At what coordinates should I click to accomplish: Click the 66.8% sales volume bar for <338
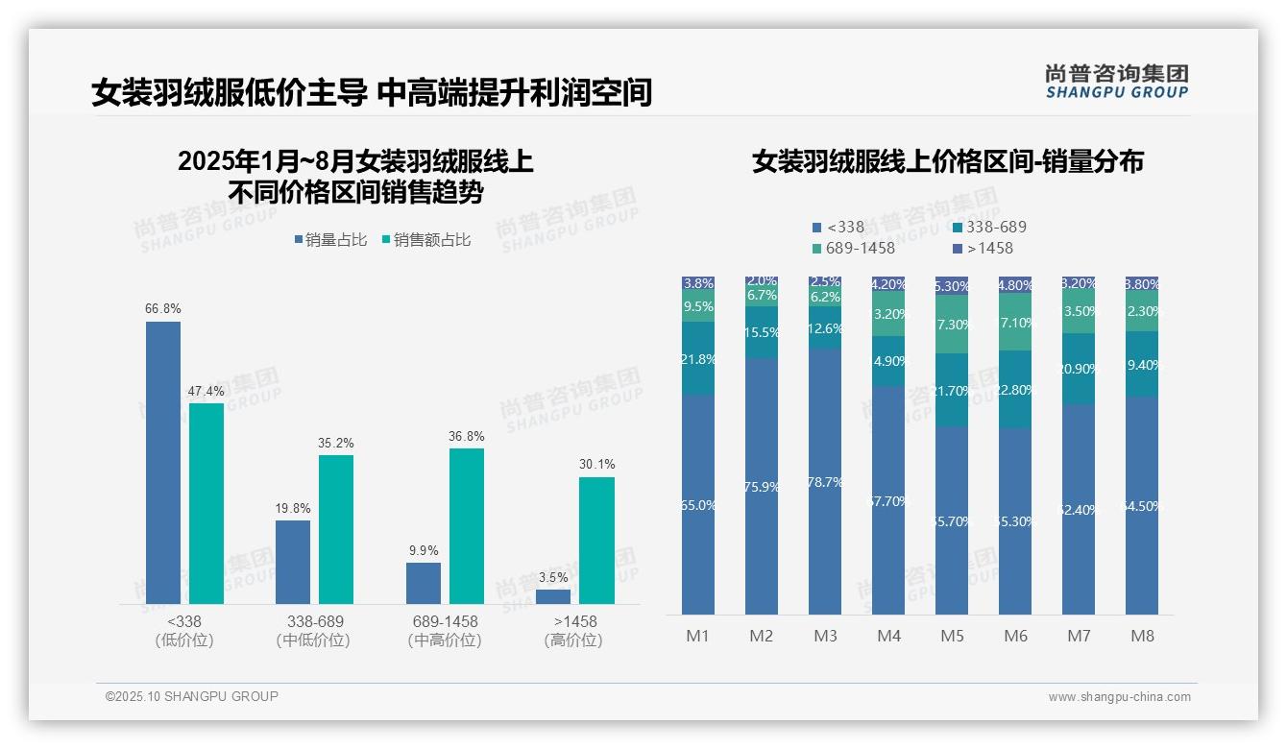click(163, 462)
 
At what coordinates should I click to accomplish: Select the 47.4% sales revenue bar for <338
click(206, 503)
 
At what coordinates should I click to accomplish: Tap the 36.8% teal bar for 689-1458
click(467, 525)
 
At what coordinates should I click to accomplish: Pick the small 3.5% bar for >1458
click(553, 596)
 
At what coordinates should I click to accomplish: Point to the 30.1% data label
click(596, 465)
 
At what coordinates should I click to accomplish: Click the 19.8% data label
click(293, 508)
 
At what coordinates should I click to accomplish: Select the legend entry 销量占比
click(330, 240)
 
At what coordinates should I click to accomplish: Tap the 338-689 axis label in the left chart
click(314, 621)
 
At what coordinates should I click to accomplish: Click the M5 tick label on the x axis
click(952, 636)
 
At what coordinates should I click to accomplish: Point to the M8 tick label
click(1142, 636)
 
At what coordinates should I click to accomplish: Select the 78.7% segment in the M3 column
click(825, 481)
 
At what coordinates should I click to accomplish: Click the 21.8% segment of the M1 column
click(698, 358)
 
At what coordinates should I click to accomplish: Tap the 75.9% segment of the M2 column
click(762, 486)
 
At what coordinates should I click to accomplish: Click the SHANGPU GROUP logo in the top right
click(1116, 82)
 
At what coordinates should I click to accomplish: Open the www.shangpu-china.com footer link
click(1119, 697)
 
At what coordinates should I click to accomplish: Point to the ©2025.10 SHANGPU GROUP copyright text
click(192, 696)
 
